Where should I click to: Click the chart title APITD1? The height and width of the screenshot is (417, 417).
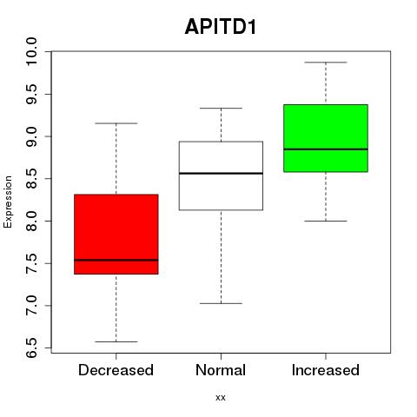(221, 27)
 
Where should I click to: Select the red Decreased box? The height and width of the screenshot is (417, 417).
(116, 234)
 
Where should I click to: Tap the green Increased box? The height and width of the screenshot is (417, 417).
(326, 138)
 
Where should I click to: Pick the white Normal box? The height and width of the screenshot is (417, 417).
(221, 175)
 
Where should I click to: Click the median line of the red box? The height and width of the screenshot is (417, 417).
(116, 260)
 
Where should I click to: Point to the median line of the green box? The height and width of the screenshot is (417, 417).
(326, 149)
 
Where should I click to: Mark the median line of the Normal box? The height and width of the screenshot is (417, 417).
(221, 174)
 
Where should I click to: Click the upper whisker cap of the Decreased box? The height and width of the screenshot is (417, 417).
(116, 123)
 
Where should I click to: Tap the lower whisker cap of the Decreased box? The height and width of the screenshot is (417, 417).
(116, 341)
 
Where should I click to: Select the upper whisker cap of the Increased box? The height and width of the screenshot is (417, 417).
(326, 63)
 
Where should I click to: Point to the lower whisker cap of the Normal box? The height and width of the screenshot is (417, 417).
(221, 303)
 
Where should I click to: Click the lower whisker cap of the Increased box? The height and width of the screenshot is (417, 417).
(326, 221)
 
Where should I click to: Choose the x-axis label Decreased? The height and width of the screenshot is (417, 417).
(116, 370)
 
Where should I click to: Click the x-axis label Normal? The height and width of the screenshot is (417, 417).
(221, 370)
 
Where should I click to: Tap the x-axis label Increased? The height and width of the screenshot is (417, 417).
(326, 370)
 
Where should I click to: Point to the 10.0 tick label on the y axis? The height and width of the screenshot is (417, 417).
(31, 51)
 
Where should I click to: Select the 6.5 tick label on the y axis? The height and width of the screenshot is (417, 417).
(31, 347)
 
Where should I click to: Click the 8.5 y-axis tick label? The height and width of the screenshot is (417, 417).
(31, 179)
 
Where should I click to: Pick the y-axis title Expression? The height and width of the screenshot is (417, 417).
(8, 202)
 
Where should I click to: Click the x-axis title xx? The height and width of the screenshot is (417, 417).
(221, 398)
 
